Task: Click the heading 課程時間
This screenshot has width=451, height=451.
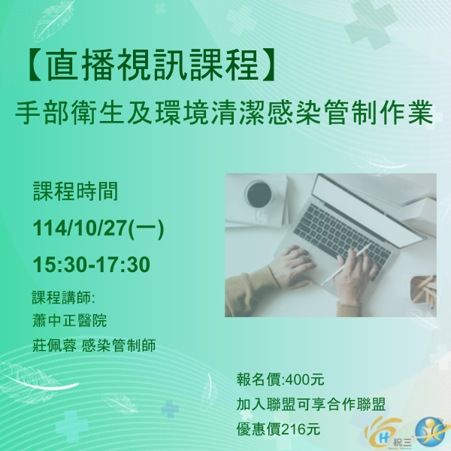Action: click(75, 192)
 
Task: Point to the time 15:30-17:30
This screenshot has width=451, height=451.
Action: click(91, 265)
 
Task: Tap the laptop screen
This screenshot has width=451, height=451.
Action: click(376, 198)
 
